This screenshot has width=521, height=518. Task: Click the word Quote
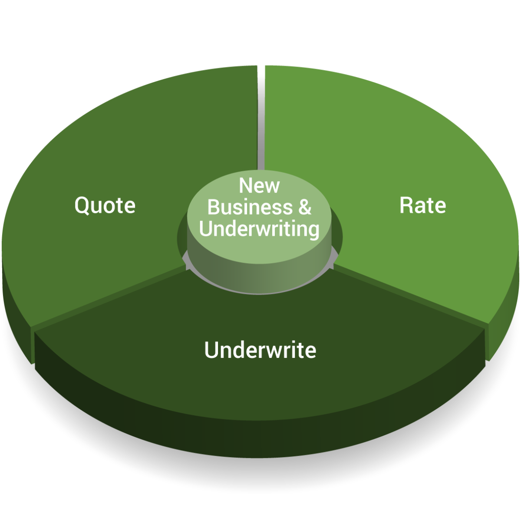pyautogui.click(x=105, y=205)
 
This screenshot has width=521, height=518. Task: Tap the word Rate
pyautogui.click(x=422, y=205)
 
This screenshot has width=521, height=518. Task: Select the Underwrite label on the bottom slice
pyautogui.click(x=260, y=350)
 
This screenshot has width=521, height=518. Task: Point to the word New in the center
pyautogui.click(x=259, y=186)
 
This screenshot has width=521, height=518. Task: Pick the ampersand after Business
pyautogui.click(x=304, y=207)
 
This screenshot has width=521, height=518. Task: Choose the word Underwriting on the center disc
pyautogui.click(x=259, y=229)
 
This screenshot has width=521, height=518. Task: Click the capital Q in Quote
pyautogui.click(x=81, y=206)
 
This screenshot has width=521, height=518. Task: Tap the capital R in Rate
pyautogui.click(x=406, y=205)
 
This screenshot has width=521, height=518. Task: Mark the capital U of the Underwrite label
pyautogui.click(x=211, y=350)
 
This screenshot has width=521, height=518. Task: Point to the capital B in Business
pyautogui.click(x=213, y=207)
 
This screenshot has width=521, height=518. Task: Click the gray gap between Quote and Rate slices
pyautogui.click(x=261, y=122)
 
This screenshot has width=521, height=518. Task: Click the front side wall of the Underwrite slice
pyautogui.click(x=260, y=418)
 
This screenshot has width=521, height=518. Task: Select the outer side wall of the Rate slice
pyautogui.click(x=504, y=331)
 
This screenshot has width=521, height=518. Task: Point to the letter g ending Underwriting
pyautogui.click(x=313, y=231)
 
